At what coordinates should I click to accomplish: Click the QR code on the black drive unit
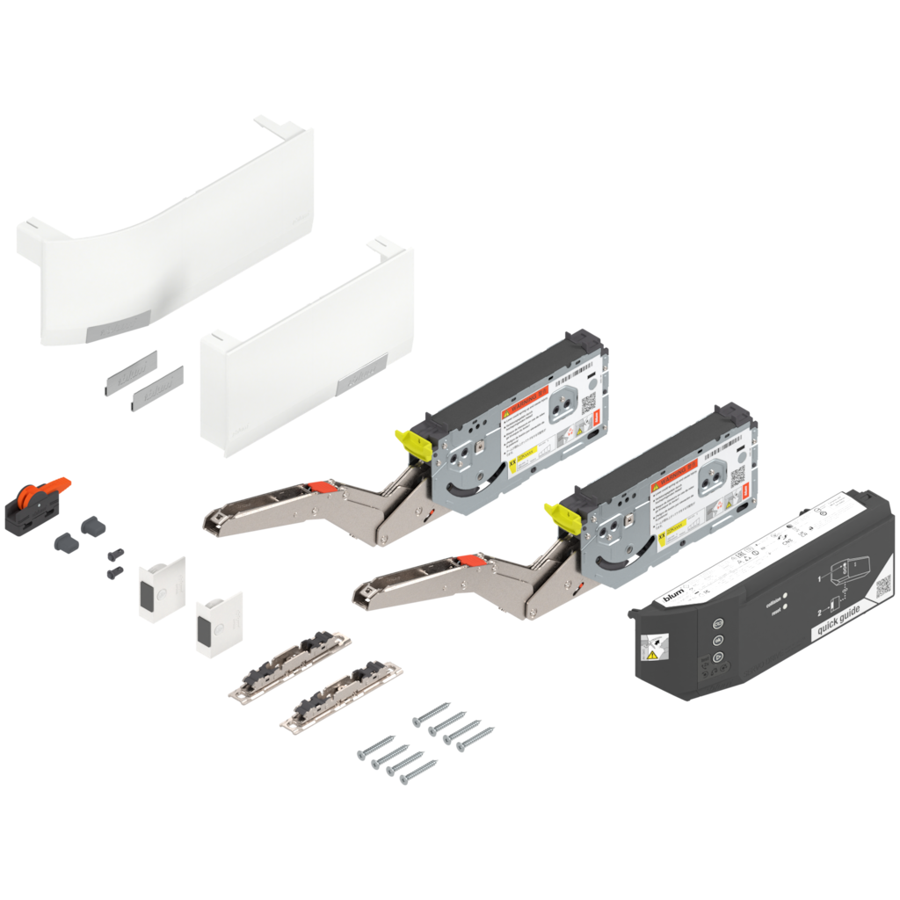point(881,583)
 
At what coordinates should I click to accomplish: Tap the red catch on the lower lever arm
point(468,559)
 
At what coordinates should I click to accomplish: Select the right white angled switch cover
point(217,623)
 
